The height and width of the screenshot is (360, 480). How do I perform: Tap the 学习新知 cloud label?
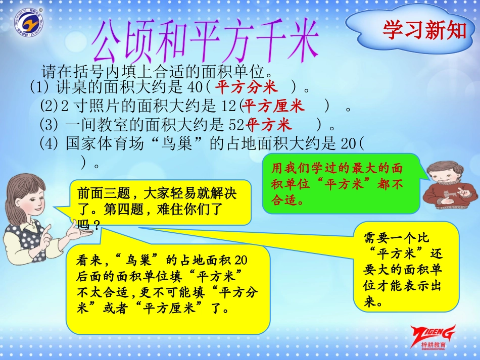click(424, 30)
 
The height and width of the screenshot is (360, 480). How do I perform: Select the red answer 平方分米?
click(246, 88)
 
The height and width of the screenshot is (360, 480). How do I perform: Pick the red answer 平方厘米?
click(273, 107)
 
